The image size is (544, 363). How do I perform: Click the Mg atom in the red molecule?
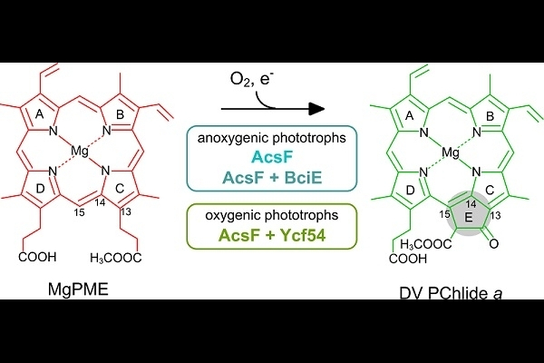tap(80, 152)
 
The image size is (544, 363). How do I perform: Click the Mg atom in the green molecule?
tap(451, 152)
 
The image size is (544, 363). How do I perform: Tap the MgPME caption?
tap(78, 289)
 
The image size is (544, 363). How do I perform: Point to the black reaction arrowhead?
tap(316, 109)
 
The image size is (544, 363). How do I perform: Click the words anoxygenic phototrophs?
tap(272, 138)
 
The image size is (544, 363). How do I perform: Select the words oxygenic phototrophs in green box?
tap(272, 215)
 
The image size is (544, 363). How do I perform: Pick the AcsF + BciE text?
tap(272, 178)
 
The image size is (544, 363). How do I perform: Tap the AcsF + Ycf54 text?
tap(272, 236)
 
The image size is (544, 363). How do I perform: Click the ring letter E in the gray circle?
tap(469, 218)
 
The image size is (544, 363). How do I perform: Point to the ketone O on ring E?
tap(494, 243)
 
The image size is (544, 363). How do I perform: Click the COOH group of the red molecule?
tap(37, 257)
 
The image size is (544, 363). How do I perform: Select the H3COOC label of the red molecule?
tap(115, 258)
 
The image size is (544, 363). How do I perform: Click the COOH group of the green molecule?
tap(408, 260)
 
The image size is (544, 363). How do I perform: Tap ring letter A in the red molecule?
tap(40, 113)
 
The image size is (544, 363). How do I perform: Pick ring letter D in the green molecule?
tap(411, 191)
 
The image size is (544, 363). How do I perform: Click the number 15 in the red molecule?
tap(80, 212)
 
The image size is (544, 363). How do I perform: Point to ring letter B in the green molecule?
tap(490, 116)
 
